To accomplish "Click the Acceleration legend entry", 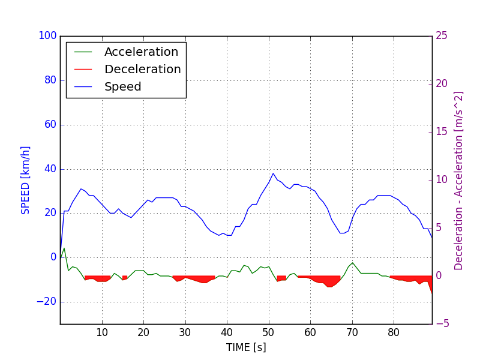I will coord(141,52).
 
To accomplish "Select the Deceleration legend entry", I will coord(142,70).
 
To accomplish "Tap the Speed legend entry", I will coord(122,87).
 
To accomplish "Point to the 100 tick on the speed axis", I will coord(47,36).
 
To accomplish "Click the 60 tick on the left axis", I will coord(50,125).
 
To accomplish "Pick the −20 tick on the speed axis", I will coord(46,302).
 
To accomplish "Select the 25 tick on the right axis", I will coord(442,36).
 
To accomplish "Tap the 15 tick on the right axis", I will coord(442,132).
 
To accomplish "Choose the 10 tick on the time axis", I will coord(102,332).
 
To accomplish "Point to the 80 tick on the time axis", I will coord(394,332).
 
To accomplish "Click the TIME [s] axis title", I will coord(246,347).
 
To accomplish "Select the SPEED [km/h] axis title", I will coord(26,180).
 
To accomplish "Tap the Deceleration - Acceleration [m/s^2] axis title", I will coord(459,180).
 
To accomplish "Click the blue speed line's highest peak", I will coord(273,173).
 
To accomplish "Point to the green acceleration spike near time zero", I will coord(64,248).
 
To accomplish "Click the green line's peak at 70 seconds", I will coord(352,263).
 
